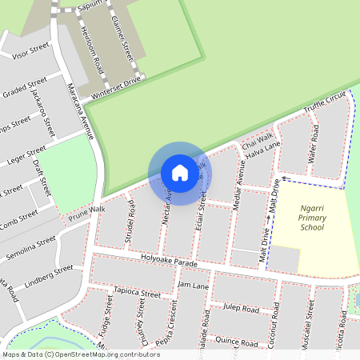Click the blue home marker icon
click(x=180, y=172)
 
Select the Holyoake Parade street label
click(x=169, y=261)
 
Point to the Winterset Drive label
click(x=116, y=87)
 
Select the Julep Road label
click(x=242, y=308)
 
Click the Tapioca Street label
click(x=138, y=293)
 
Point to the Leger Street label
click(x=24, y=150)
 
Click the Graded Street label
click(x=26, y=87)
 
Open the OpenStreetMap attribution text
click(x=70, y=354)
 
